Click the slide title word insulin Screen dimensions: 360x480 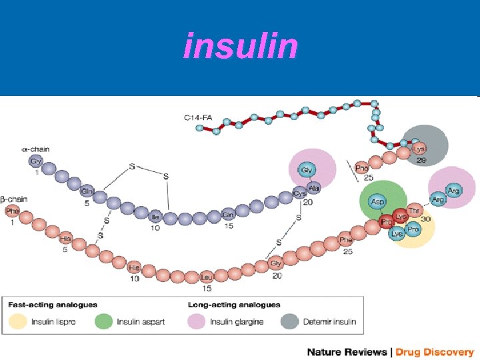[241, 46]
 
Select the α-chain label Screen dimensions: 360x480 [35, 149]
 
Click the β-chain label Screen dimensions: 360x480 [13, 199]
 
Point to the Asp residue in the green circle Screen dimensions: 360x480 [377, 201]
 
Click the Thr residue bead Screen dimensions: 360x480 [415, 210]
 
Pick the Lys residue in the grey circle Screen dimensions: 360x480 [419, 148]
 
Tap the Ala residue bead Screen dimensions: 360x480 [314, 187]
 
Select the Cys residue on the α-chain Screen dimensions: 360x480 [299, 194]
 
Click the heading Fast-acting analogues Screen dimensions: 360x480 [53, 305]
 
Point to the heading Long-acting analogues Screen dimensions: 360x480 [233, 305]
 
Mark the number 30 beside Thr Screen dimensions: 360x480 [427, 219]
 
